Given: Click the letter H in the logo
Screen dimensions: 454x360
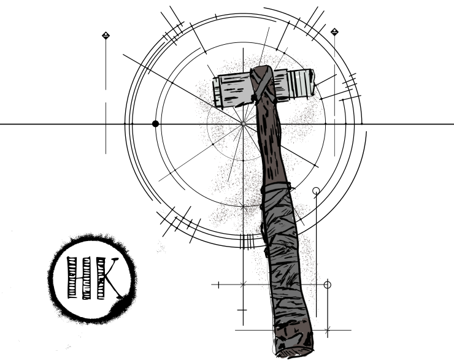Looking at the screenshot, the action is tap(79, 278).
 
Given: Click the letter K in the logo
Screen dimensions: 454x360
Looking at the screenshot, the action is tap(108, 278).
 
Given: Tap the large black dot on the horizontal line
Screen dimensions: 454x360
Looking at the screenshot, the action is tap(155, 124).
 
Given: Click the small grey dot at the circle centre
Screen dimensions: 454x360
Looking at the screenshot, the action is tap(243, 124).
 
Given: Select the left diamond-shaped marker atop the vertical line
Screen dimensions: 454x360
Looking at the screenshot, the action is tap(106, 36).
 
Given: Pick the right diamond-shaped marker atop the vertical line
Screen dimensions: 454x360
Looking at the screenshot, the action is tap(334, 32).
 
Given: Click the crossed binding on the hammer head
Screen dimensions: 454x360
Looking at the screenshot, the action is tap(263, 84).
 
